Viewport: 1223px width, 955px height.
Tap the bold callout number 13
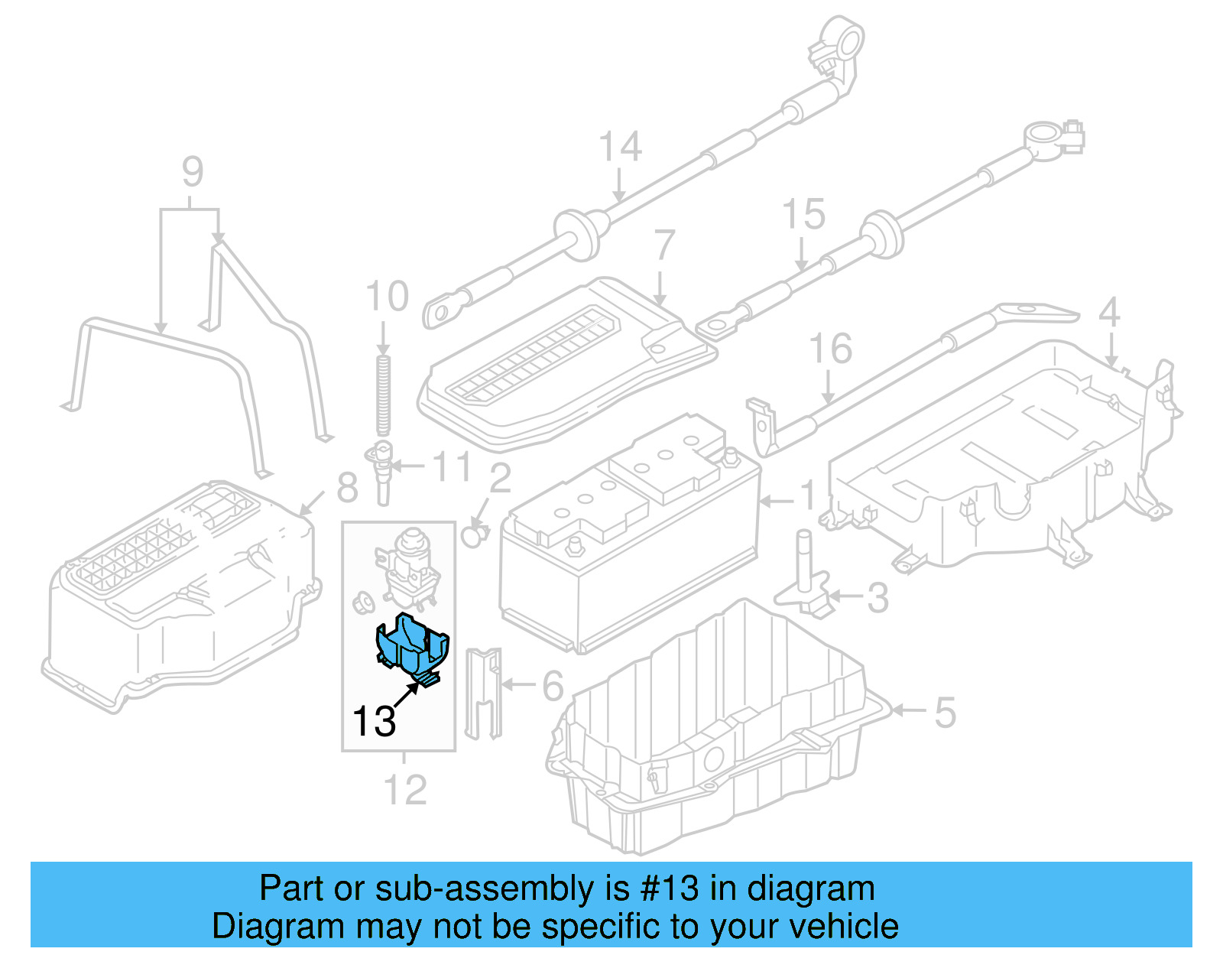pyautogui.click(x=374, y=721)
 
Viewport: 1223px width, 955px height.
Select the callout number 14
pyautogui.click(x=620, y=147)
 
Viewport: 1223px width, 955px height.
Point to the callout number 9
pyautogui.click(x=193, y=172)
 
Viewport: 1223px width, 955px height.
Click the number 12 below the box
pyautogui.click(x=404, y=790)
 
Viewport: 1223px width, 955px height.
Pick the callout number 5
pyautogui.click(x=945, y=713)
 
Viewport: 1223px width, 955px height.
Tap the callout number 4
pyautogui.click(x=1109, y=313)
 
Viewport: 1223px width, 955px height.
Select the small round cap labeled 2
pyautogui.click(x=474, y=536)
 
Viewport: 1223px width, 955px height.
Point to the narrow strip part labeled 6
pyautogui.click(x=483, y=692)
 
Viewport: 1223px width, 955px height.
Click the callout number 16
pyautogui.click(x=830, y=349)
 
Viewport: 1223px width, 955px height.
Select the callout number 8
pyautogui.click(x=347, y=487)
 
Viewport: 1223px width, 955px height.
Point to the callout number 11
pyautogui.click(x=453, y=466)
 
